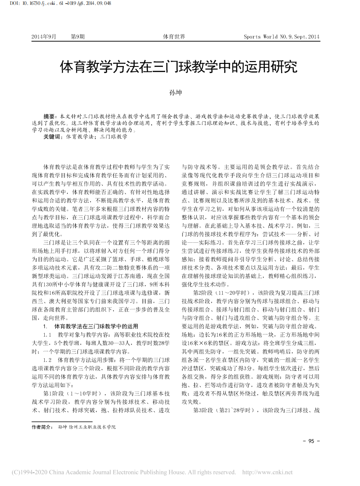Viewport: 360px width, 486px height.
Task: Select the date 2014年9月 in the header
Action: tap(44, 37)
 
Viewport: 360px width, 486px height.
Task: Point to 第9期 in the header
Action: tap(77, 37)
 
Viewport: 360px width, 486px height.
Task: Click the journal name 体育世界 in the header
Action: tap(174, 37)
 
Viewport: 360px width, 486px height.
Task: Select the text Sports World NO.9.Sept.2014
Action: tap(282, 37)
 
